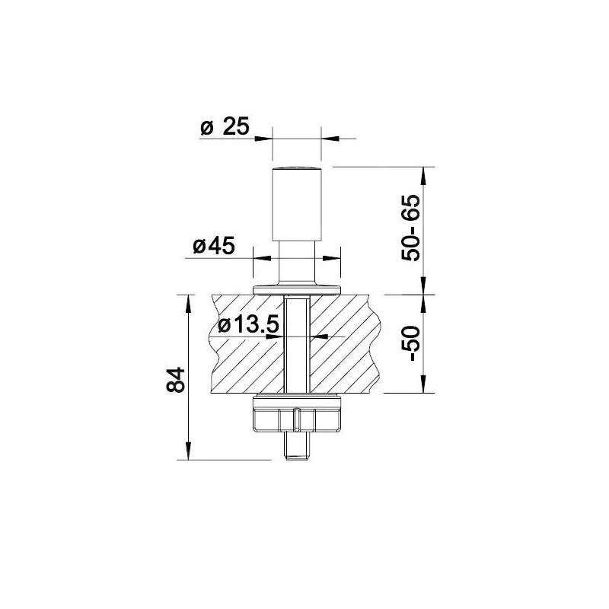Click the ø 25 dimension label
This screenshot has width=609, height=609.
pyautogui.click(x=225, y=127)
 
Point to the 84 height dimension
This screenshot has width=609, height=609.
pyautogui.click(x=176, y=379)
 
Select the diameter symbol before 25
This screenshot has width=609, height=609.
pyautogui.click(x=206, y=128)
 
